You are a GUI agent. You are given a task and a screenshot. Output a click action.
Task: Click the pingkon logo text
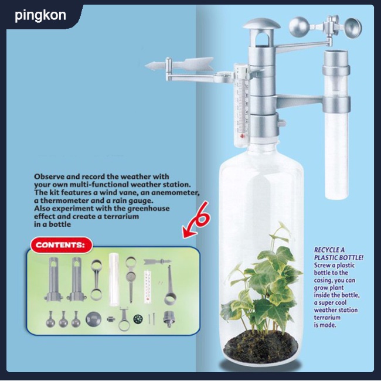click(x=40, y=15)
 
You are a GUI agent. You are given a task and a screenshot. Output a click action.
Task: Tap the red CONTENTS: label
click(x=62, y=244)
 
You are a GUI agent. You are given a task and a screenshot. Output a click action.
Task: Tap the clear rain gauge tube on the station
click(x=336, y=124)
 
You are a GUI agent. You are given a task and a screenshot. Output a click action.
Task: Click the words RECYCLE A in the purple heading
click(x=329, y=250)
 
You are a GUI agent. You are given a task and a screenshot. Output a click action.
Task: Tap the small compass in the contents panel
click(x=138, y=319)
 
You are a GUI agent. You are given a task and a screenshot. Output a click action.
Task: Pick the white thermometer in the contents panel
click(x=148, y=287)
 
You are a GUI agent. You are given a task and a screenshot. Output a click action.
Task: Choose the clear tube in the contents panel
click(x=114, y=279)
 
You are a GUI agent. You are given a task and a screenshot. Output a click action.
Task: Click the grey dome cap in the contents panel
click(x=93, y=319)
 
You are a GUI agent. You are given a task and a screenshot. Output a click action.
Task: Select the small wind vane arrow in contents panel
click(x=158, y=261)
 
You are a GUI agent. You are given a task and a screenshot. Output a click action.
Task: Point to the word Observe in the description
click(x=49, y=176)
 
